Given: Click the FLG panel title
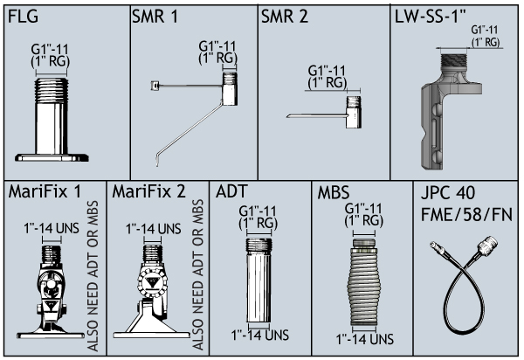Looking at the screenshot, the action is click(23, 17).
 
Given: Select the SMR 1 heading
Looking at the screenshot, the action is click(155, 17).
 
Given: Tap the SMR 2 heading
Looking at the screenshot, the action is click(285, 17).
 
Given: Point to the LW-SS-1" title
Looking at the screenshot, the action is click(431, 17).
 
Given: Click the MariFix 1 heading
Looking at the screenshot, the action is click(45, 192).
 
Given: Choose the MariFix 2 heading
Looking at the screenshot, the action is click(148, 192).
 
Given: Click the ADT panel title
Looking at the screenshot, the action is click(231, 192).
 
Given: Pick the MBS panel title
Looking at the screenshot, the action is click(334, 192).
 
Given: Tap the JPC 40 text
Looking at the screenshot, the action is click(448, 193).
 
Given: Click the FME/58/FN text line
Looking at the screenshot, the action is click(466, 214).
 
